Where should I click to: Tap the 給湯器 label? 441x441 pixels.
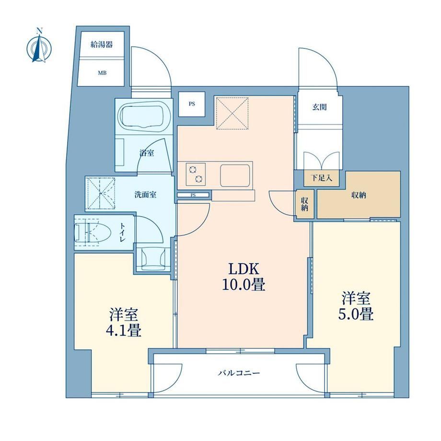(102, 45)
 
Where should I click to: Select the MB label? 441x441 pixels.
(102, 73)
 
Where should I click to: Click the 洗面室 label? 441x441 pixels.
(145, 195)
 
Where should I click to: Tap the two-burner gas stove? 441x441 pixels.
(196, 174)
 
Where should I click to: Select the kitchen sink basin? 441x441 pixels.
(235, 175)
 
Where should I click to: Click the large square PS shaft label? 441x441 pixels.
(192, 104)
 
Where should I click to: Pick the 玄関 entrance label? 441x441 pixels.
(320, 107)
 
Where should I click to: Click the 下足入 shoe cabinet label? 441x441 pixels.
(322, 178)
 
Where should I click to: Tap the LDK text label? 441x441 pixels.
(244, 269)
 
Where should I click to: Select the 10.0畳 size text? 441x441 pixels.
(244, 285)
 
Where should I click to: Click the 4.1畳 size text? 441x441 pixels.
(124, 331)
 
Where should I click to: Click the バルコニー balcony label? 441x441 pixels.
(239, 373)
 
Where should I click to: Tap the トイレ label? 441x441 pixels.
(123, 232)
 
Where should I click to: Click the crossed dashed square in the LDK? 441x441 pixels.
(232, 113)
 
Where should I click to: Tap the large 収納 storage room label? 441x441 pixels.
(359, 195)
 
